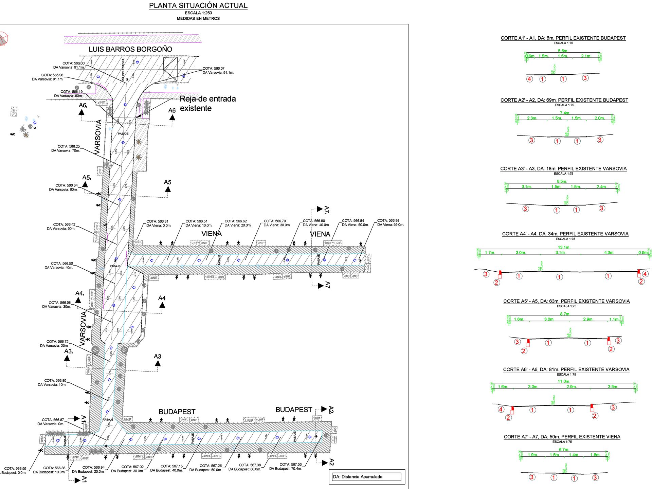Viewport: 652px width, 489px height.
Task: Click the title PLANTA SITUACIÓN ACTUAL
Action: [x=198, y=6]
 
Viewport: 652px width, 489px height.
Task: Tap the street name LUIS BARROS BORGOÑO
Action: [x=130, y=49]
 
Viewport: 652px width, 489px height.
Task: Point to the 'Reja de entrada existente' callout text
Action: [x=207, y=104]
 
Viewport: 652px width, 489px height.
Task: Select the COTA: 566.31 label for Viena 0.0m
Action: [x=157, y=221]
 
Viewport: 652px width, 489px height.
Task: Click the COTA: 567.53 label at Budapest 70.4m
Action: [x=291, y=465]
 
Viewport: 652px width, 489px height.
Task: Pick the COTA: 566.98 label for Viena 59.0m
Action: [x=388, y=221]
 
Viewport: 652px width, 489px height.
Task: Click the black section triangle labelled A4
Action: [x=162, y=305]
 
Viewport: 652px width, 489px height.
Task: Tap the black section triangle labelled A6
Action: [x=172, y=117]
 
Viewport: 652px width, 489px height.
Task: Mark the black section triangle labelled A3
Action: [x=158, y=363]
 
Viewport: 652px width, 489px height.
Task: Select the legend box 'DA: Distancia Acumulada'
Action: [x=367, y=477]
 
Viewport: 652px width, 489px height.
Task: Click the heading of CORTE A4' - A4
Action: [x=565, y=234]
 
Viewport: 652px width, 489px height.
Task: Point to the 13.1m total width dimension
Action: [x=564, y=248]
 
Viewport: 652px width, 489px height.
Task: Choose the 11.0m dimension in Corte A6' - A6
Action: [x=564, y=382]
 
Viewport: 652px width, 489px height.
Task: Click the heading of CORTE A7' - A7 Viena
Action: [x=562, y=437]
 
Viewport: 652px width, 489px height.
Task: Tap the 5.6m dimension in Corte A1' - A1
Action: [x=563, y=51]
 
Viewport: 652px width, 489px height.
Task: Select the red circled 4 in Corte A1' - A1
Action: [x=529, y=79]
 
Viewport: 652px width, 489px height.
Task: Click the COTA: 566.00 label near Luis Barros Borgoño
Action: [x=73, y=63]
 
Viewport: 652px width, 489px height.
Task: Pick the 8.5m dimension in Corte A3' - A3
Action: [x=562, y=181]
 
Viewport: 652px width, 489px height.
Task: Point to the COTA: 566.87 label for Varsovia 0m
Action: [x=53, y=420]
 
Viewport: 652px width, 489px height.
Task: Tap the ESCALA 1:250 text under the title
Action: [x=198, y=13]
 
